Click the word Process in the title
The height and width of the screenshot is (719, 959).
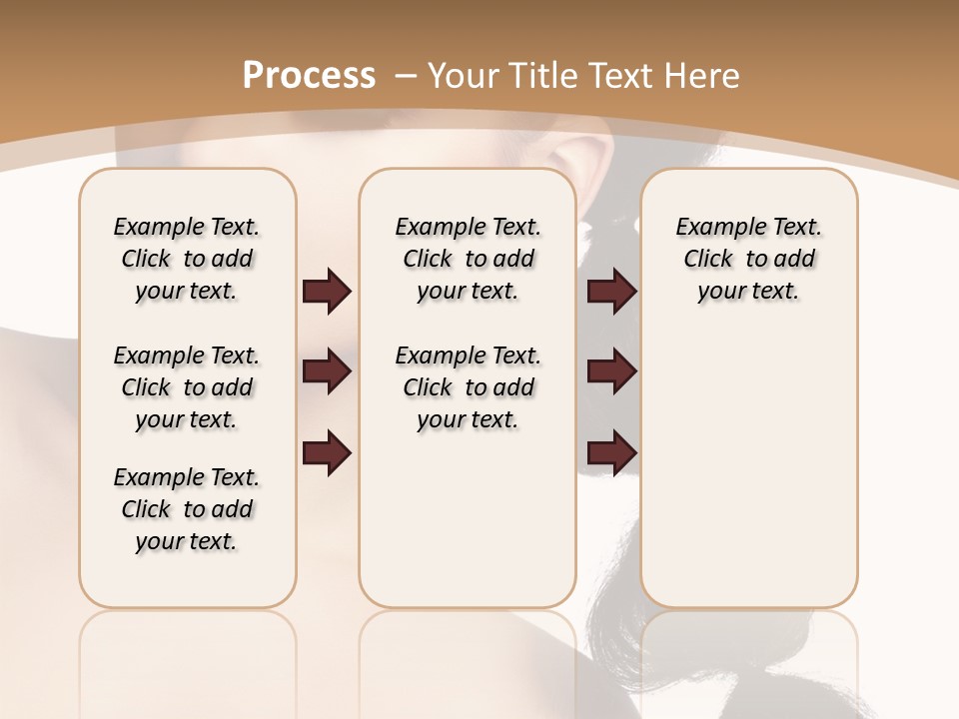coord(309,75)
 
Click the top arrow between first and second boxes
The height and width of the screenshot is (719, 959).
coord(327,292)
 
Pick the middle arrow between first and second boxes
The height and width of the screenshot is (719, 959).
coord(327,372)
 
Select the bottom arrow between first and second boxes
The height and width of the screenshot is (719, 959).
coord(327,454)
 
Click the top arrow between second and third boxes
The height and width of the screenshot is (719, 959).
coord(611,292)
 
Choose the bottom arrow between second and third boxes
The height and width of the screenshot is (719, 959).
coord(611,454)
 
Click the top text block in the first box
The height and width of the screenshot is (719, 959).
coord(187,259)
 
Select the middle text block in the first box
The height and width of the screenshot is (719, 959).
coord(187,387)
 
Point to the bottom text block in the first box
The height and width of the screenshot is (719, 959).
coord(187,509)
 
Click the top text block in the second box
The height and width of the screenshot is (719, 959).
coord(468,259)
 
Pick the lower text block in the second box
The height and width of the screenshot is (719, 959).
coord(468,387)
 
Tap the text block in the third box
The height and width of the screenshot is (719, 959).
coord(748,259)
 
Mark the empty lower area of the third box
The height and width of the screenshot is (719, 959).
coord(748,469)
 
